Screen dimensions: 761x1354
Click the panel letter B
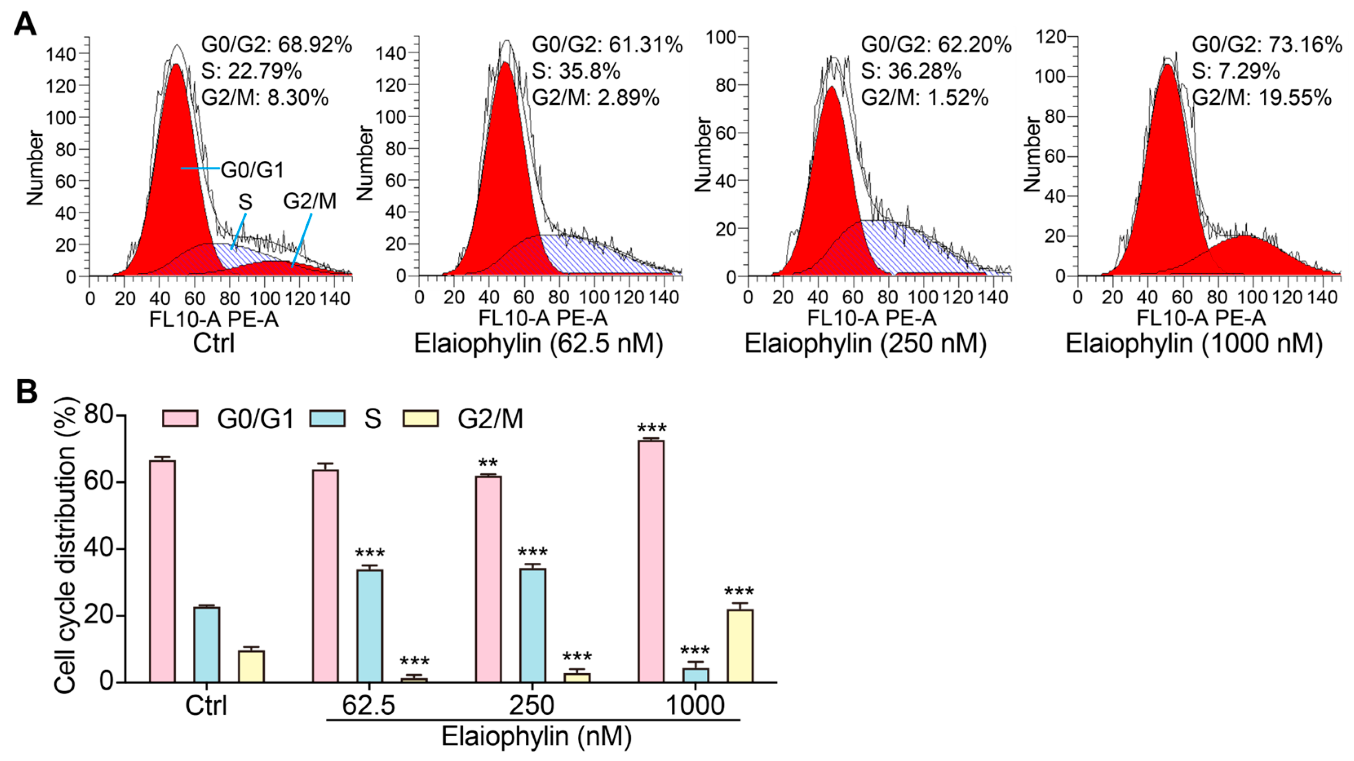26,392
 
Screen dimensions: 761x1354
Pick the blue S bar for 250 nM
533,626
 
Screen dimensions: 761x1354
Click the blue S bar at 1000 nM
695,675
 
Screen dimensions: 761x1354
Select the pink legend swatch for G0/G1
180,419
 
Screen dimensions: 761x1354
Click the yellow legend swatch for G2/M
420,419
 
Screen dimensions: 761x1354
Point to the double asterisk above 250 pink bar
488,464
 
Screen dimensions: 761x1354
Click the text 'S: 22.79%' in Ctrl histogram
251,71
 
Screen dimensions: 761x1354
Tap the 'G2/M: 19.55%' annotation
1261,98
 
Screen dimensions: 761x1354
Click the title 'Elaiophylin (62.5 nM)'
538,344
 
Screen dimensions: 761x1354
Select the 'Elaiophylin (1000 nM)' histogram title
1194,344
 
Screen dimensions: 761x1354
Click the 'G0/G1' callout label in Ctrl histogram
252,170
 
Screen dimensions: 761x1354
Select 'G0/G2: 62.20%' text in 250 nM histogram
936,45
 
